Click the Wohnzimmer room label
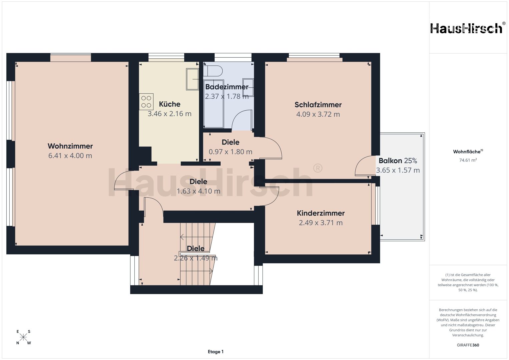(x=70, y=146)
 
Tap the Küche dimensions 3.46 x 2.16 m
(x=170, y=114)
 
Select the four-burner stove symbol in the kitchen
(x=146, y=102)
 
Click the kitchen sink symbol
(x=192, y=79)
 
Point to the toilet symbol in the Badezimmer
(x=213, y=71)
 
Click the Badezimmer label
(x=227, y=87)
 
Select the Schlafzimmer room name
(x=318, y=105)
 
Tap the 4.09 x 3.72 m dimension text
(x=318, y=114)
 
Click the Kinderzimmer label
(x=321, y=213)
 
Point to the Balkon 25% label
(x=398, y=161)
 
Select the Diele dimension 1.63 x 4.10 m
(x=198, y=191)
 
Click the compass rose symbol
(x=23, y=337)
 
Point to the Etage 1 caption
(x=215, y=352)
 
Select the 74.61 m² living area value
(x=468, y=160)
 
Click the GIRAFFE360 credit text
(x=468, y=345)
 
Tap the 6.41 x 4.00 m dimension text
(x=70, y=156)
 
